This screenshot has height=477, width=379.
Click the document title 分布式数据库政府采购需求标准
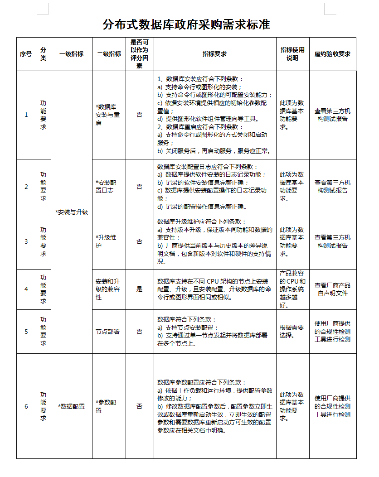(x=186, y=24)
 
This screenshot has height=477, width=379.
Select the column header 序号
(x=26, y=54)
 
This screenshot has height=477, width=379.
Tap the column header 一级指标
(x=71, y=54)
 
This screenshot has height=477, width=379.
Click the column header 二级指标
(x=109, y=54)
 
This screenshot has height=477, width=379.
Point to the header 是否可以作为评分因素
(x=139, y=54)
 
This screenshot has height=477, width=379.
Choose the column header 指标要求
(x=214, y=54)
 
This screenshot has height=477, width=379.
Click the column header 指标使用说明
(x=292, y=54)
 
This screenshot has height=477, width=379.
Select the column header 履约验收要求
(x=332, y=54)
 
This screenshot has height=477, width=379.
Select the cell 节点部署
(x=108, y=332)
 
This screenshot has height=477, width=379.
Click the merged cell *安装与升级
(x=72, y=212)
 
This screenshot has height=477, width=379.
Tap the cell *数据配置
(x=72, y=406)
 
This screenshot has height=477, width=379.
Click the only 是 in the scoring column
(x=139, y=289)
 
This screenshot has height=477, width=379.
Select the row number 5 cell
(x=26, y=332)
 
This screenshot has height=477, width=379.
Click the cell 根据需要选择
(x=292, y=332)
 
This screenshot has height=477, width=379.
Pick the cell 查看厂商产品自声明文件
(x=332, y=289)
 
